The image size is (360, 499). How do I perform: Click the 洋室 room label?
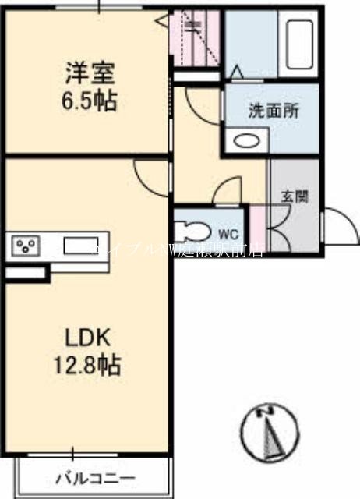(90, 76)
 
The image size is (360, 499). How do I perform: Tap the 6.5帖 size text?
(90, 101)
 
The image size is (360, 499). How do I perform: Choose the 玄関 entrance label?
(295, 196)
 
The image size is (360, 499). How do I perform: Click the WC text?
(228, 234)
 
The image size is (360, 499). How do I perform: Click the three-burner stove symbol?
(26, 247)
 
